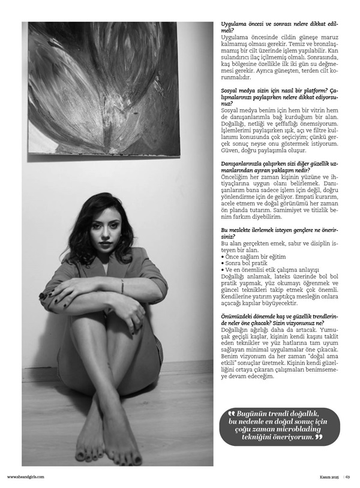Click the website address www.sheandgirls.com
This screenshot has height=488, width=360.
pyautogui.click(x=25, y=477)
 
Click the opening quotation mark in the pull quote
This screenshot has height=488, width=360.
pyautogui.click(x=232, y=414)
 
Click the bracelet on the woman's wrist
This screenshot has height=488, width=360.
pyautogui.click(x=122, y=286)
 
